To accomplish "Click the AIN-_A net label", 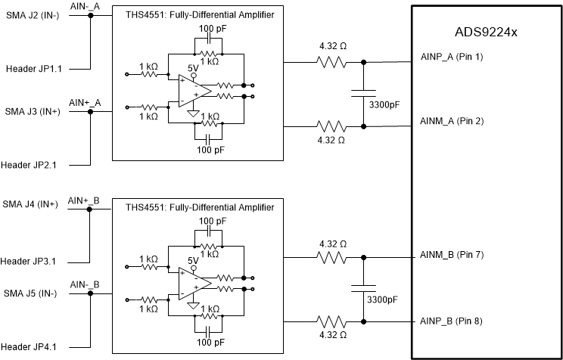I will pos(85,6).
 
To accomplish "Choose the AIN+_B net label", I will pos(84,200).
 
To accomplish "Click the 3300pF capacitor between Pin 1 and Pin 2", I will pos(364,94).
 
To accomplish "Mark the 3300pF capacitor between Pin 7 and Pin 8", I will pos(364,289).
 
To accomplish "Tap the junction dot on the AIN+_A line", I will pos(89,111).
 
